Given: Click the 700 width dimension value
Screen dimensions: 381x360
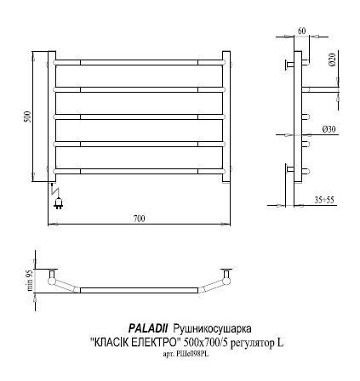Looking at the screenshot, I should click(139, 218).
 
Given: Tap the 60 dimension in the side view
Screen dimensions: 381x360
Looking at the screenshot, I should click(301, 31).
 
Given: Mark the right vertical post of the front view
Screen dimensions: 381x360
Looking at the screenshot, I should click(227, 115).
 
